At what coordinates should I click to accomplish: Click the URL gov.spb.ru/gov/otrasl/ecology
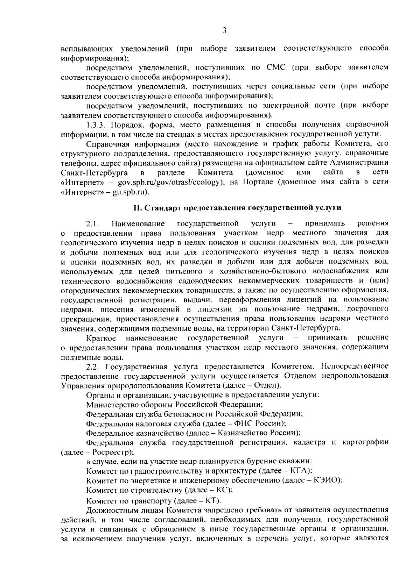tap(170, 182)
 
